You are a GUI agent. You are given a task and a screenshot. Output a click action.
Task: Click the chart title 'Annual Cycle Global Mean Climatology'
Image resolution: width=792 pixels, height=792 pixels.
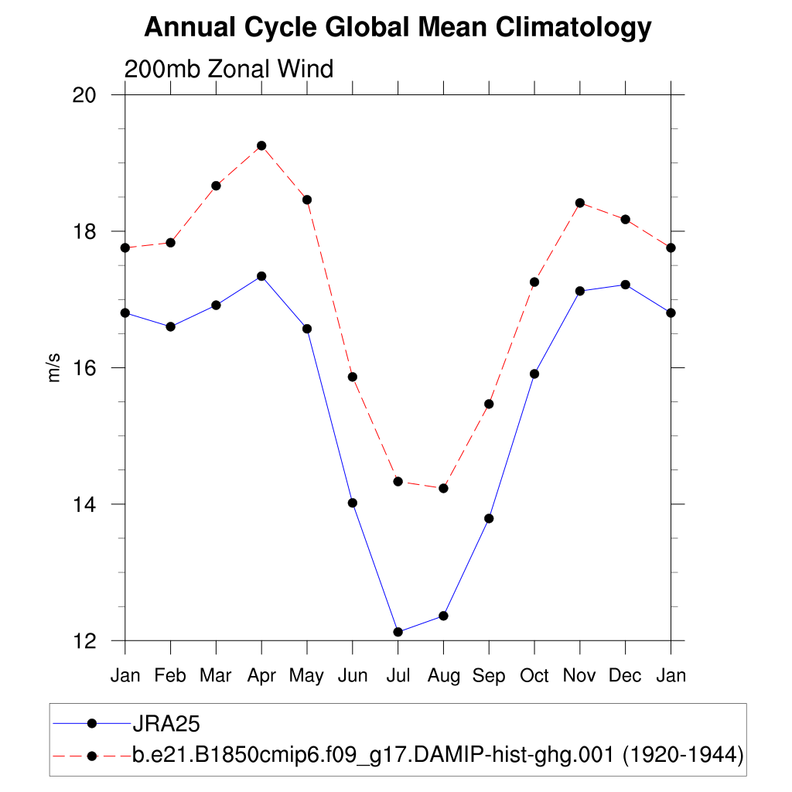(398, 28)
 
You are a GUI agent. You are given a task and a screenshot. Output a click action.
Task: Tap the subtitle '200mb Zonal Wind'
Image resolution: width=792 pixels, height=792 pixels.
(229, 70)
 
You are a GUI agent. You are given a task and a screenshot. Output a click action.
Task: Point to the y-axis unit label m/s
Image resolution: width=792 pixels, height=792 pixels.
(54, 367)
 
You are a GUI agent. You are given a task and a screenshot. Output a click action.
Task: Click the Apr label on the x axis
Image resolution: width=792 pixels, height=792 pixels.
(261, 676)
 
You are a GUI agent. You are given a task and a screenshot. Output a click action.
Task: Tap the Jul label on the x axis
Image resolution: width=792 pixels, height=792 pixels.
(398, 676)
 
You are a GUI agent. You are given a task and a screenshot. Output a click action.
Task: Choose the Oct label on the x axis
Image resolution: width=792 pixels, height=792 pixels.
(534, 676)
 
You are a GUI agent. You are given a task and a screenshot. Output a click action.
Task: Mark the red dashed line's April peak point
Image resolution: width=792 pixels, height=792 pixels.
(261, 145)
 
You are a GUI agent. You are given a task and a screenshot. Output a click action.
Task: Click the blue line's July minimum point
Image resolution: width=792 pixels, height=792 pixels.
(398, 632)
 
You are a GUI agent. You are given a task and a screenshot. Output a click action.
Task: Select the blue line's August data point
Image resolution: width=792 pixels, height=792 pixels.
(443, 616)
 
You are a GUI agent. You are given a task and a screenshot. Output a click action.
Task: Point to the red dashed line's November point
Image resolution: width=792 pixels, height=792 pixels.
(580, 203)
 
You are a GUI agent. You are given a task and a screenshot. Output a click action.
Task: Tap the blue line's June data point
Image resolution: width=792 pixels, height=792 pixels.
(353, 503)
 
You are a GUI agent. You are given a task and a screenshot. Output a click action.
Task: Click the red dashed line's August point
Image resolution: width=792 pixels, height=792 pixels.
(443, 488)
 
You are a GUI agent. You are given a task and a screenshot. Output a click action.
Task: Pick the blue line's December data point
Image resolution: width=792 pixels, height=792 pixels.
(625, 285)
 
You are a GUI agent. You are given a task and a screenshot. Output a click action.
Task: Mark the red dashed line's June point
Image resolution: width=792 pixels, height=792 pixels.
(353, 377)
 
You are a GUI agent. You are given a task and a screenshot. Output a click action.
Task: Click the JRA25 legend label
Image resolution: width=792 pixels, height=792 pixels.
(167, 724)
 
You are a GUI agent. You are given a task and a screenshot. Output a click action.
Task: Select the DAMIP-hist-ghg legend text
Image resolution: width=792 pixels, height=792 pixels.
(438, 755)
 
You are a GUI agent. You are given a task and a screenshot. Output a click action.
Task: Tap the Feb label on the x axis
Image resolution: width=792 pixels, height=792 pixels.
(170, 676)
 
